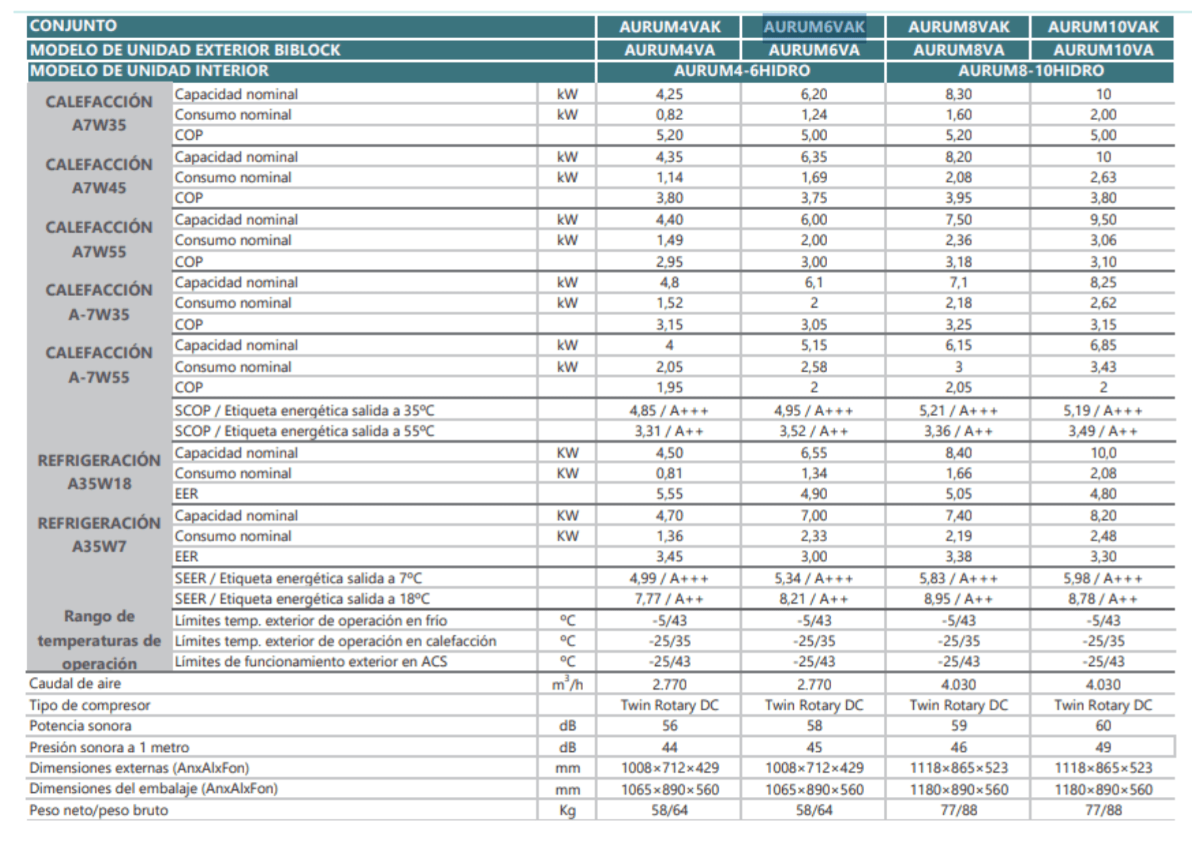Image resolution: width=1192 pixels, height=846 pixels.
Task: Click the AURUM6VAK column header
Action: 814,27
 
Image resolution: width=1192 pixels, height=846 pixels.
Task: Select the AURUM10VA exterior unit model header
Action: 1103,50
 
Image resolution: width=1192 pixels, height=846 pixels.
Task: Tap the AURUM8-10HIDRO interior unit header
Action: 1030,71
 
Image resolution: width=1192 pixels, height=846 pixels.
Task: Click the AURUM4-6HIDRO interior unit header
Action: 741,71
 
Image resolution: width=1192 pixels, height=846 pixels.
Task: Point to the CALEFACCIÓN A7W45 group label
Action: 99,176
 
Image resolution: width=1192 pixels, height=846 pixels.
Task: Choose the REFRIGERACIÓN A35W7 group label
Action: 99,534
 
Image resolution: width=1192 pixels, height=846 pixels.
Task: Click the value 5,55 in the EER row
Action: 669,494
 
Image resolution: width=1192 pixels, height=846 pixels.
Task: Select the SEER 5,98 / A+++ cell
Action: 1103,579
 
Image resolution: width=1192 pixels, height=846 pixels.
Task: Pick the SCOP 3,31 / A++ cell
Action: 669,431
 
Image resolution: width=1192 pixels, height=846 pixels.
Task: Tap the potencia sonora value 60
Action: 1103,726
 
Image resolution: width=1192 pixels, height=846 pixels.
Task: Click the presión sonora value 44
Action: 669,748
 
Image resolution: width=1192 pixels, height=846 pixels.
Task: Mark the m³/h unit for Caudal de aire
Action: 567,683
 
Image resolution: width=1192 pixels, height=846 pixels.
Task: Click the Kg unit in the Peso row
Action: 567,811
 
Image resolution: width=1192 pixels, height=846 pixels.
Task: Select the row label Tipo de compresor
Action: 89,705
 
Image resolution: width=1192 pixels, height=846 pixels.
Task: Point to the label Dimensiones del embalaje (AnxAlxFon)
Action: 153,789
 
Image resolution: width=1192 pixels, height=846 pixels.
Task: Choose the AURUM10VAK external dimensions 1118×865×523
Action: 1103,768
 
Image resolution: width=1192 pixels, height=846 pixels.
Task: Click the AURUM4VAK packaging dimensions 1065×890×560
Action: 669,790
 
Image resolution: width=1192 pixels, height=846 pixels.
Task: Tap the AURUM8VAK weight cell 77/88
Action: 958,811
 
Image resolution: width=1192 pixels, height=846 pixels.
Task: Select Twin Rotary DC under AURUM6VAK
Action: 814,705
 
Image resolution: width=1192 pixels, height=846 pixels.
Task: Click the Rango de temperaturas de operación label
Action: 99,640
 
